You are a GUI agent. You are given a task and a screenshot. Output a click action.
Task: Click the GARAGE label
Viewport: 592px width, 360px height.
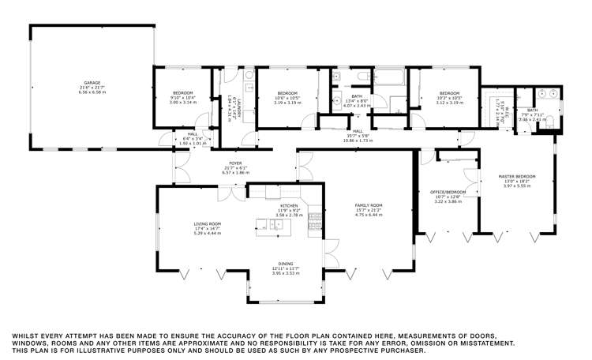tap(92, 82)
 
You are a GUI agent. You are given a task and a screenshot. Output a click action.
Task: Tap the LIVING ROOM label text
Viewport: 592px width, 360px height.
tap(208, 224)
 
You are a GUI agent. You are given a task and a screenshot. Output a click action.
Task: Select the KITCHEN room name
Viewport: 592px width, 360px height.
tap(287, 205)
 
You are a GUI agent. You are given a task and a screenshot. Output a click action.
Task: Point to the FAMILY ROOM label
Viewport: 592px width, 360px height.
tap(368, 205)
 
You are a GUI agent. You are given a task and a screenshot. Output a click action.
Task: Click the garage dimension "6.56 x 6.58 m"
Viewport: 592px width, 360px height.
tap(92, 92)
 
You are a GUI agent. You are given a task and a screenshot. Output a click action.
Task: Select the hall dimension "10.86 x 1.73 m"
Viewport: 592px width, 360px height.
tap(358, 140)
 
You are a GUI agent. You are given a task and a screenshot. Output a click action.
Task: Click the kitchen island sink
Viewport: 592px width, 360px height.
tap(278, 225)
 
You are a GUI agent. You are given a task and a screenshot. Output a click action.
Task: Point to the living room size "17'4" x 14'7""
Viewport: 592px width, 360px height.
tap(208, 229)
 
